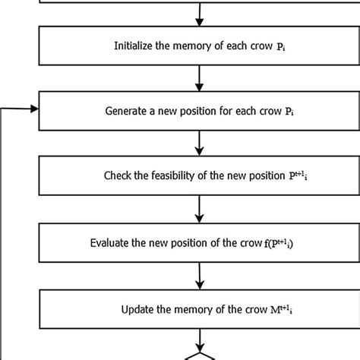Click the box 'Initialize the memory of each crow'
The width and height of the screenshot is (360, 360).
(200, 46)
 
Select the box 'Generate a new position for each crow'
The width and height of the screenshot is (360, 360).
(200, 110)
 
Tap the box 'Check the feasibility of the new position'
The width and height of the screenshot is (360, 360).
(200, 176)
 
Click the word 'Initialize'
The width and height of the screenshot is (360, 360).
(131, 46)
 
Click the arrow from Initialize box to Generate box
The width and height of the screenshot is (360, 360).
(200, 78)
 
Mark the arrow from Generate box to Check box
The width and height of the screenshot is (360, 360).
(200, 143)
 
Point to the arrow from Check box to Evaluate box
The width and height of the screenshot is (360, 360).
(200, 210)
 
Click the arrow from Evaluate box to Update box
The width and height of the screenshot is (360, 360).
(200, 276)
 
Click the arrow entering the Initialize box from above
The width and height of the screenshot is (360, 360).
(200, 12)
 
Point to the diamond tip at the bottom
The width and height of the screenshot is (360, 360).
(200, 354)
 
